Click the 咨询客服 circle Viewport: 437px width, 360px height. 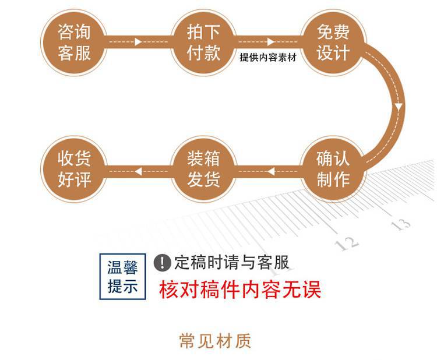[x=75, y=41]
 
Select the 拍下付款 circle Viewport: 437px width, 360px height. [x=203, y=41]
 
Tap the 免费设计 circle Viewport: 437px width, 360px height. [x=333, y=41]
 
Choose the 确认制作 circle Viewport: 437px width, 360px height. [x=333, y=169]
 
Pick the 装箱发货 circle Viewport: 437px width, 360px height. [x=203, y=169]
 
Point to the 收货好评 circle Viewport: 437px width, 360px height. [x=75, y=169]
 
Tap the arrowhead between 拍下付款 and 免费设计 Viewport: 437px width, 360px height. [x=270, y=42]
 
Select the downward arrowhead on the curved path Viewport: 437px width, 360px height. [x=399, y=107]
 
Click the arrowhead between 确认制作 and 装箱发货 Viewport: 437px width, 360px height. [x=272, y=171]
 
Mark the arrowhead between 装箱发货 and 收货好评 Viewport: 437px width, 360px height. [x=138, y=171]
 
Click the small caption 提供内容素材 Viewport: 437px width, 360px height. [x=268, y=58]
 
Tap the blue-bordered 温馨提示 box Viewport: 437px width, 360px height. [x=122, y=277]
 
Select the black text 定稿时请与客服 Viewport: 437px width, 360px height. [x=231, y=263]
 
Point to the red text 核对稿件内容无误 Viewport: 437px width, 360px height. [x=240, y=290]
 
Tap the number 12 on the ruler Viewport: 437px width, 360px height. [x=348, y=242]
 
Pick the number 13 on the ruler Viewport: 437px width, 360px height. [x=401, y=223]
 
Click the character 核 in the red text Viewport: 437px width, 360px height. [x=169, y=290]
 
